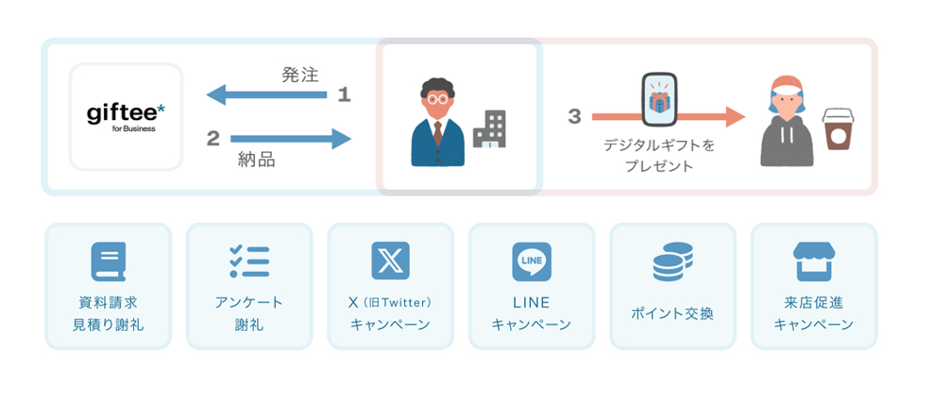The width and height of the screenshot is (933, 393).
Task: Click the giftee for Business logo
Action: tap(126, 116)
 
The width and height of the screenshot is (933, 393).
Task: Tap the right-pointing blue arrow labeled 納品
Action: tap(291, 139)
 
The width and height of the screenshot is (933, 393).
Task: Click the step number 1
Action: tap(344, 94)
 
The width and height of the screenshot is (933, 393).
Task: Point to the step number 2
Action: tap(212, 139)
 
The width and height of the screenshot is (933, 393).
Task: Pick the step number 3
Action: tap(574, 116)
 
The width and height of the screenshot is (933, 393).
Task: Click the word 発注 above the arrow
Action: tap(300, 74)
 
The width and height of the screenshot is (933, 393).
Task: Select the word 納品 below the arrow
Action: tap(256, 161)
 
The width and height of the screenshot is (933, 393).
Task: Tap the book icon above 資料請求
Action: tap(109, 262)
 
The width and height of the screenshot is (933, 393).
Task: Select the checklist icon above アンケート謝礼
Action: tap(249, 261)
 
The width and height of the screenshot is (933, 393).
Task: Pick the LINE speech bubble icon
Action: tap(532, 261)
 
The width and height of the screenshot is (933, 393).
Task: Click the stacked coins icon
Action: tap(672, 262)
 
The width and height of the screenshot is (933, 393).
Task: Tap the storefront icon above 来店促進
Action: tap(813, 262)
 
